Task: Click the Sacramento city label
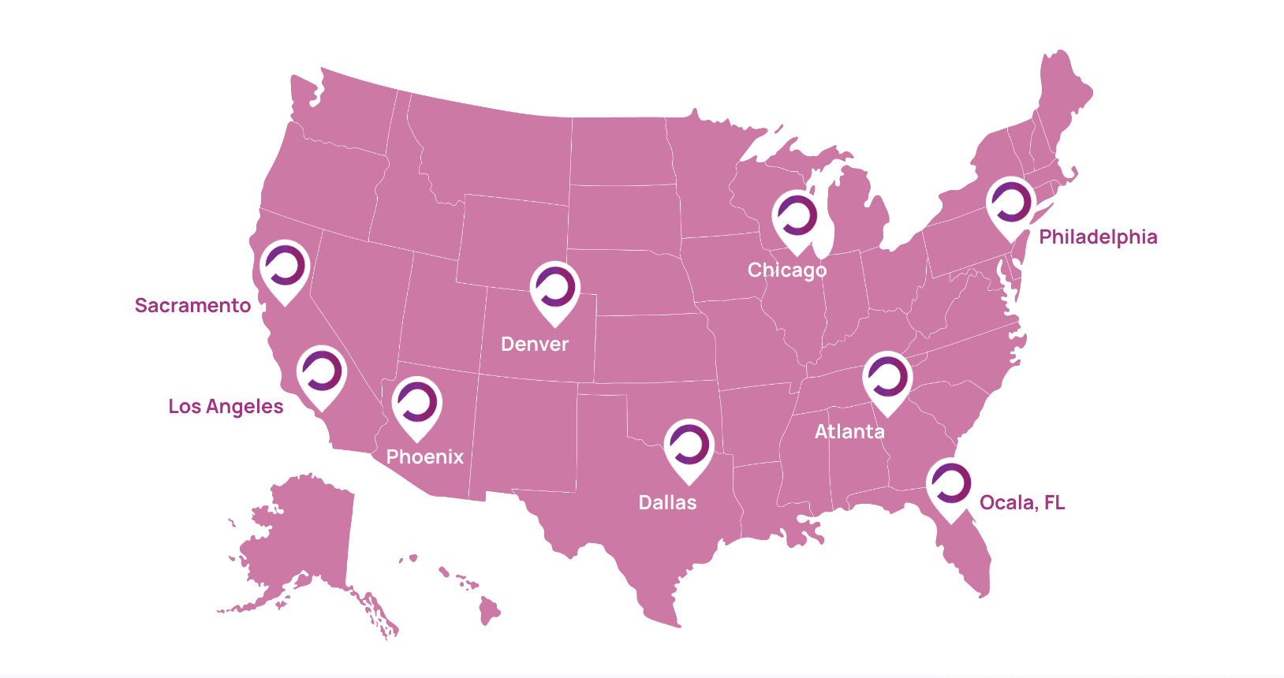(192, 306)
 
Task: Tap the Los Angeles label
(226, 407)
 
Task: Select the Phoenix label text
(425, 457)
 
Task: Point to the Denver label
(535, 345)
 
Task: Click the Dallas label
(667, 503)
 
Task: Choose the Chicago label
(787, 270)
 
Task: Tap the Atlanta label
(849, 432)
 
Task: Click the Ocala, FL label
(1022, 503)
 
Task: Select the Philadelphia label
(1098, 237)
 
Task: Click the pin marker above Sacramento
(285, 268)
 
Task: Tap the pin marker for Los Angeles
(322, 374)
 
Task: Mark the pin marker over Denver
(555, 289)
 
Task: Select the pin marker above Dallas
(689, 447)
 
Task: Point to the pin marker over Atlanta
(887, 379)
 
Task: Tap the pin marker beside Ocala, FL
(950, 486)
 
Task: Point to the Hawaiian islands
(489, 609)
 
